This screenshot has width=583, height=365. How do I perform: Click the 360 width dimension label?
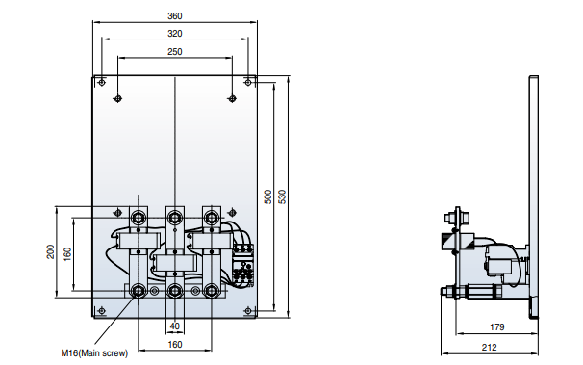coord(175,16)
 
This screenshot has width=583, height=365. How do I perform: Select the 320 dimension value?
coord(175,34)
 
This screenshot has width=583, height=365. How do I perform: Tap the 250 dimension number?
coord(175,51)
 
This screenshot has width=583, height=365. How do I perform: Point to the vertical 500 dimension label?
coord(267,196)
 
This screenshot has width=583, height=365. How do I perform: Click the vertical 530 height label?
coord(283,196)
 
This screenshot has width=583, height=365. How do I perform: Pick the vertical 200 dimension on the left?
coord(51,252)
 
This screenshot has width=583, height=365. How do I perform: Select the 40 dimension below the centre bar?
coord(175,326)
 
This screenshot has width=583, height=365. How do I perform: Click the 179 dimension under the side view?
coord(497,327)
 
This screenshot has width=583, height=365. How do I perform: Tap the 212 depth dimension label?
coord(490,347)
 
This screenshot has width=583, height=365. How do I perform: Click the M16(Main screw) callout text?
coord(94,353)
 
